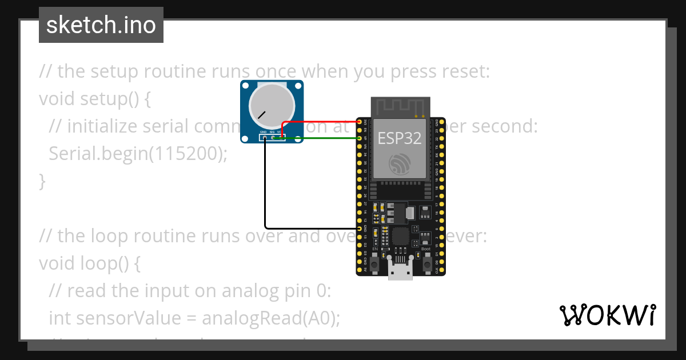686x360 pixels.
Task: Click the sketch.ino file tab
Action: [101, 25]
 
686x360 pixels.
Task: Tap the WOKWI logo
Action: [607, 315]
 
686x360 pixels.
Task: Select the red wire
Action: [320, 122]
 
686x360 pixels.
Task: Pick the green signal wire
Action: [320, 138]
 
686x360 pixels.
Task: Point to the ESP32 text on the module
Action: [400, 138]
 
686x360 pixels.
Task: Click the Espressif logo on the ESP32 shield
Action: [400, 164]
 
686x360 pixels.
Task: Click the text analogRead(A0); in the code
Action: [270, 318]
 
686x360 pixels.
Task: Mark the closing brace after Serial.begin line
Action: [42, 181]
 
